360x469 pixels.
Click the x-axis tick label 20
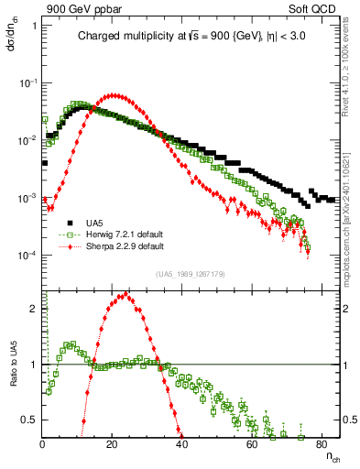tap(112, 446)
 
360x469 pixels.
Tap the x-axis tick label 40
tap(182, 446)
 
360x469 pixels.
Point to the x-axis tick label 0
tap(43, 446)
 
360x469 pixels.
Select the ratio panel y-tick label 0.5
tap(29, 420)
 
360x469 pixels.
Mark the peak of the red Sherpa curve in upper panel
tap(113, 94)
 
